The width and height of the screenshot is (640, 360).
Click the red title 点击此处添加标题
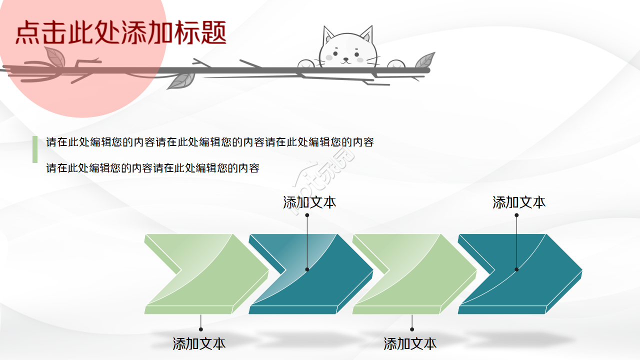click(121, 33)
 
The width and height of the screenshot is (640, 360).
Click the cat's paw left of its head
click(306, 64)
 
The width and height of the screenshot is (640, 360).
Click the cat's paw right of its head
click(395, 64)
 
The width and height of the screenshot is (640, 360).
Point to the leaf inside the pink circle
click(54, 57)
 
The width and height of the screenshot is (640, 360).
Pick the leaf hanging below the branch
click(181, 80)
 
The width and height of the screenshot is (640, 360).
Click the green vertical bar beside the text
click(35, 149)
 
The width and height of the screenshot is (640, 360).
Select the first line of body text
click(210, 142)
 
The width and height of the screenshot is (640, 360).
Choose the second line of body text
click(153, 168)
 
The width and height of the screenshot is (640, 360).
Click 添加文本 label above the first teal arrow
click(309, 202)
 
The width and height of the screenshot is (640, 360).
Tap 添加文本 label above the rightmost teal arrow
click(519, 202)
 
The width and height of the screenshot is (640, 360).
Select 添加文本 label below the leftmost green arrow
click(199, 344)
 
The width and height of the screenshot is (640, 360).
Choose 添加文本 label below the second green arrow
click(410, 344)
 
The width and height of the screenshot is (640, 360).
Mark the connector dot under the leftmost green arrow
click(201, 329)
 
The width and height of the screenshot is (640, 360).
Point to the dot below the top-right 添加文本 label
click(516, 215)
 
